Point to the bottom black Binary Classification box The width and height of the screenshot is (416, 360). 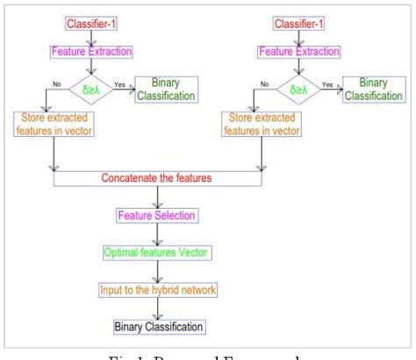158,327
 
